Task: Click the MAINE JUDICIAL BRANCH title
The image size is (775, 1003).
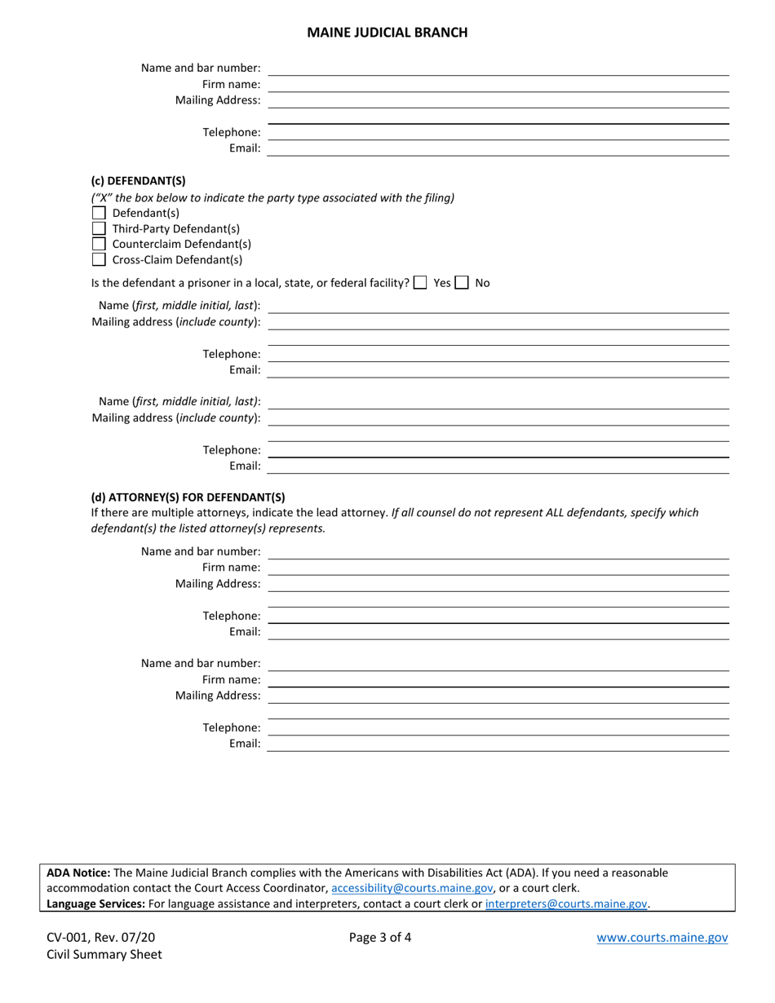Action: click(387, 33)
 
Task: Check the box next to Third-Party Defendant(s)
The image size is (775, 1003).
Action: click(99, 228)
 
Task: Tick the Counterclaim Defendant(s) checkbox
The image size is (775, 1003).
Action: click(99, 244)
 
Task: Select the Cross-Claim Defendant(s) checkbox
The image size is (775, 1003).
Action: click(99, 259)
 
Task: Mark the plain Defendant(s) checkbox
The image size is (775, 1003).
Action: click(99, 213)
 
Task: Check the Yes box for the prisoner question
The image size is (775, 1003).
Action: click(420, 283)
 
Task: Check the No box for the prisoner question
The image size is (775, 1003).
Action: click(462, 283)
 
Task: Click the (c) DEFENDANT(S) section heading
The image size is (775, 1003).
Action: click(138, 181)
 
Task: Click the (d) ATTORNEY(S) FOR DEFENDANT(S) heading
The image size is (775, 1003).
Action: click(188, 497)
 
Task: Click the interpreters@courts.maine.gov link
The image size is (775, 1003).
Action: click(566, 904)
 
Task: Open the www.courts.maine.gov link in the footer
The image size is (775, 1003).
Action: click(662, 938)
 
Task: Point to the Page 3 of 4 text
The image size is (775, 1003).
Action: click(380, 938)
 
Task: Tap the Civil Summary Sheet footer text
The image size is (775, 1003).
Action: click(104, 954)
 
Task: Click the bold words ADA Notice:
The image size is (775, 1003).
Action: click(78, 873)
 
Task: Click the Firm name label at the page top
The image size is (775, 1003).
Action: click(231, 84)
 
